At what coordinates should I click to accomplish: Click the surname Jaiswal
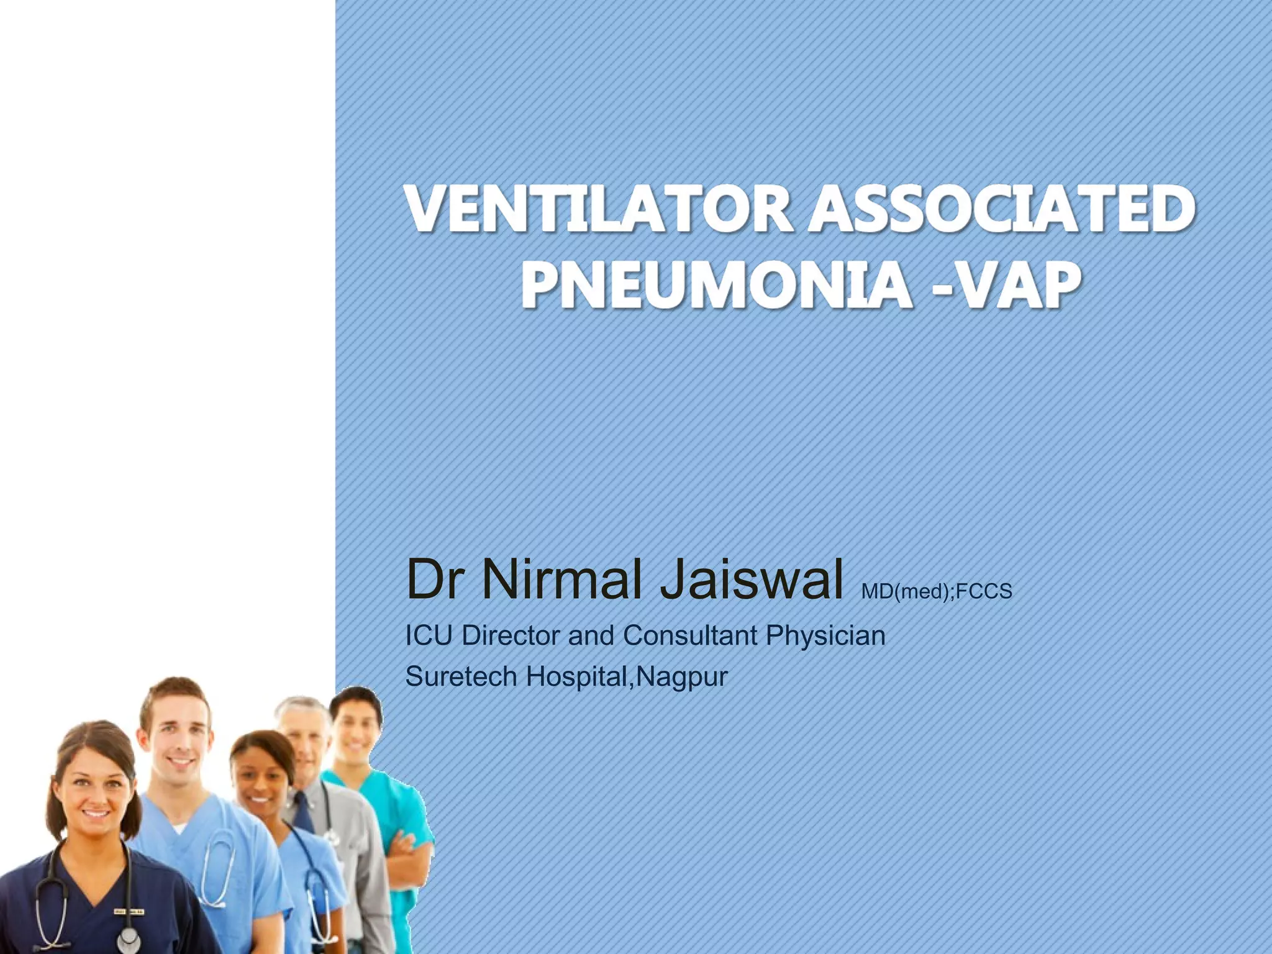pos(752,579)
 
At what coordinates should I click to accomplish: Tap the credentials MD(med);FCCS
pos(937,591)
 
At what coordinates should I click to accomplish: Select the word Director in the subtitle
pos(511,635)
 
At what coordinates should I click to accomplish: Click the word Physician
pos(825,635)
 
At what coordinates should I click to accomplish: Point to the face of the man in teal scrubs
pos(356,730)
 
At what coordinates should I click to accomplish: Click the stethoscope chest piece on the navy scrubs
pos(128,938)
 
